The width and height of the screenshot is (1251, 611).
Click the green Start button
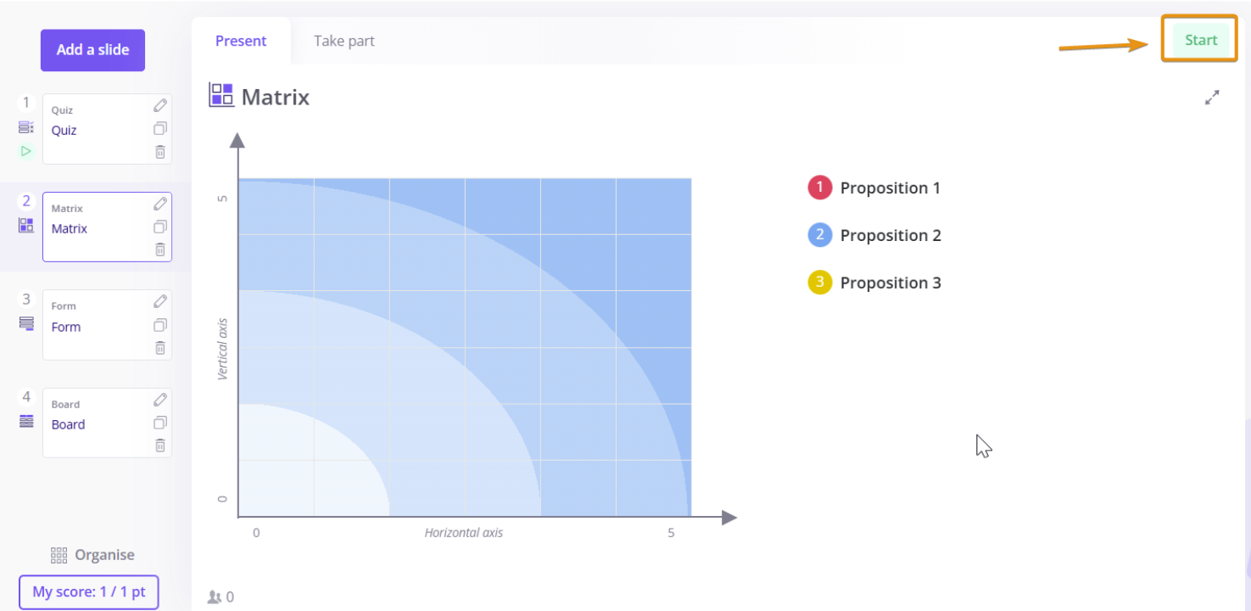tap(1201, 40)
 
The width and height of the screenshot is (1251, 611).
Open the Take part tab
tap(344, 41)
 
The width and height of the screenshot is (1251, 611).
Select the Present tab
tap(241, 41)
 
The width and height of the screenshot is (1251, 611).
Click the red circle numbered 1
tap(820, 188)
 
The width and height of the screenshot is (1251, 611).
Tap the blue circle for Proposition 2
tap(820, 235)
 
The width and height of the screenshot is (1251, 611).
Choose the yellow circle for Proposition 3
tap(820, 283)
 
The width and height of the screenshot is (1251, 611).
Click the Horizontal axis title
tap(464, 533)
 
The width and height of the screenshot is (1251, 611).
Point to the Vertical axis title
tap(222, 350)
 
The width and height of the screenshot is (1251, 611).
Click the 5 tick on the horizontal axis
tap(671, 533)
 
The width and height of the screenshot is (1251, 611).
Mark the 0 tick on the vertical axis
tap(222, 499)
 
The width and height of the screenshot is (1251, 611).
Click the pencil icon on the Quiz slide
tap(160, 105)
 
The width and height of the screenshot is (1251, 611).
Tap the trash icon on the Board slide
tap(160, 446)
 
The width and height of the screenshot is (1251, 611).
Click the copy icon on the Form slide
tap(160, 325)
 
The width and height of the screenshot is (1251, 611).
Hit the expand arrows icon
tap(1212, 98)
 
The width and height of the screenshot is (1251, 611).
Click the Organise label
tap(104, 555)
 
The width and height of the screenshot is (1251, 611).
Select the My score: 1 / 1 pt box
tap(89, 592)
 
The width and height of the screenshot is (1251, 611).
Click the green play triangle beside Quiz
tap(25, 151)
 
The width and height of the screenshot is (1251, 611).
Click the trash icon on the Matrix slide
tap(160, 249)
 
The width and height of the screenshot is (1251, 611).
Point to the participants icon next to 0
tap(214, 597)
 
